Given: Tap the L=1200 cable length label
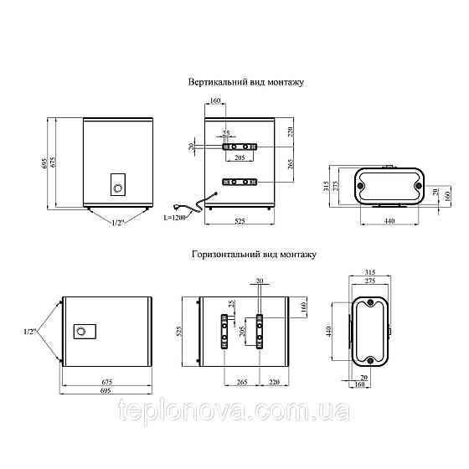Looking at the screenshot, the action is coord(174,218).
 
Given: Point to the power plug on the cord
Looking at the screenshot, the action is coord(177,206).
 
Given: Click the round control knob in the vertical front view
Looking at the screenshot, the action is coord(118,188).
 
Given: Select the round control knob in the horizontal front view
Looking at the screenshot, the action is coord(80,332).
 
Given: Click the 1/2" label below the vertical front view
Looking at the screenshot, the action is coord(118,223).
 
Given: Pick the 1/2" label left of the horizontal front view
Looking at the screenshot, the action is coord(30,332).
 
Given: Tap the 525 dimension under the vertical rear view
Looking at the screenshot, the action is coord(240,221).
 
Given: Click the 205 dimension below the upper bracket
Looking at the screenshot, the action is coord(240,157).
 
